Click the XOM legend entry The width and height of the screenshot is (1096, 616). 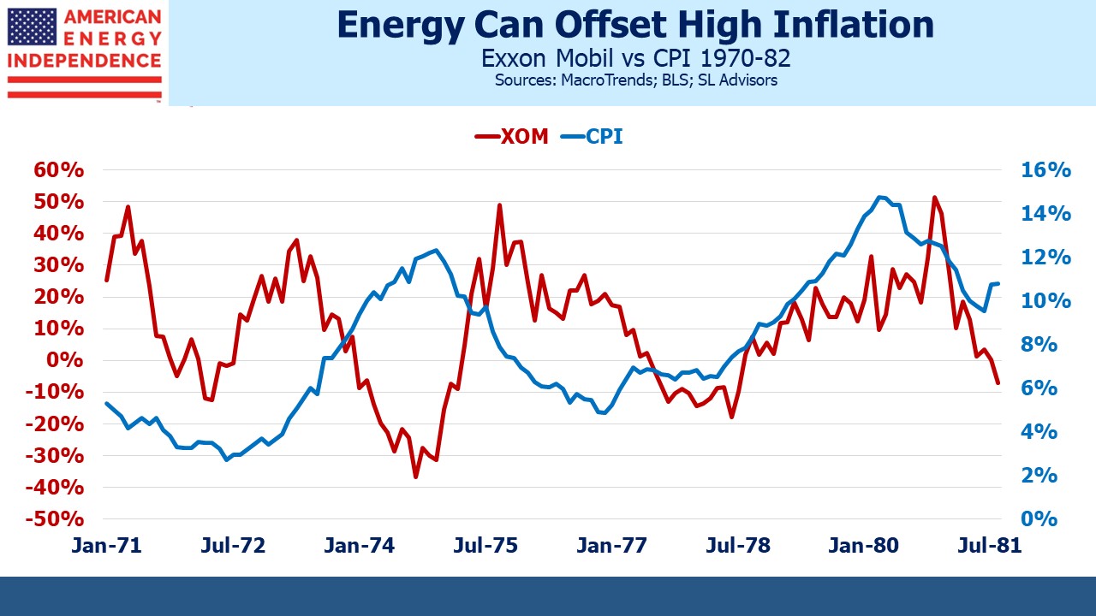pyautogui.click(x=511, y=137)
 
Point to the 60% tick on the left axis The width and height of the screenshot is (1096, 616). pyautogui.click(x=59, y=170)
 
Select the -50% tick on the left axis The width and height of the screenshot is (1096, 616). pyautogui.click(x=56, y=519)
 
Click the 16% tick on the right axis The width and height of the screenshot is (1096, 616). pyautogui.click(x=1045, y=170)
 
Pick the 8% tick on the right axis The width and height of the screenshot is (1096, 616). pyautogui.click(x=1039, y=345)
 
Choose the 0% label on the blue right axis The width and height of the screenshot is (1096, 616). pyautogui.click(x=1039, y=519)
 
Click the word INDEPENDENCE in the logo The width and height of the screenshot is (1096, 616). pyautogui.click(x=84, y=61)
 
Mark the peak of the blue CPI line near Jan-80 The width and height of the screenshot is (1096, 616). pyautogui.click(x=880, y=197)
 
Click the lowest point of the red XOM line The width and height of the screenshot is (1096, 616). pyautogui.click(x=415, y=477)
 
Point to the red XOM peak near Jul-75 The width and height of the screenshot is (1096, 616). pyautogui.click(x=499, y=205)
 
